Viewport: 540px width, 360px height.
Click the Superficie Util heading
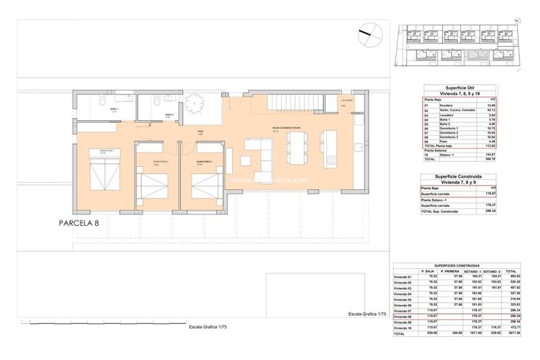tap(450, 88)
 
